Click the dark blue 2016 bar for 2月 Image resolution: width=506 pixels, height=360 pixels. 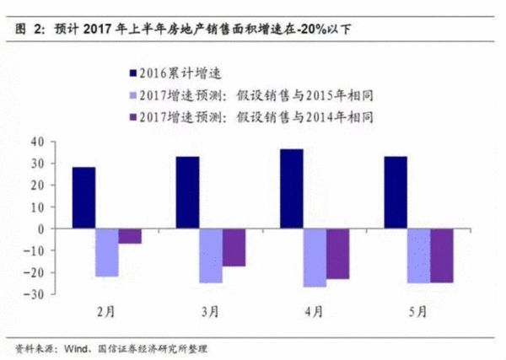pyautogui.click(x=107, y=197)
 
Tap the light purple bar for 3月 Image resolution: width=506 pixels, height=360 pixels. pyautogui.click(x=211, y=255)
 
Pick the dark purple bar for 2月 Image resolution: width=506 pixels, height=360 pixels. pyautogui.click(x=130, y=235)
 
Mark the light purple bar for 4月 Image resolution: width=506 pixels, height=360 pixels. pyautogui.click(x=315, y=257)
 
